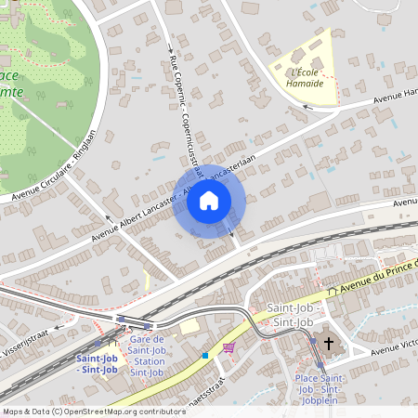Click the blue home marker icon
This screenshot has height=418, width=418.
click(209, 201)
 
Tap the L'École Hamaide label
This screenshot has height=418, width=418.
click(307, 77)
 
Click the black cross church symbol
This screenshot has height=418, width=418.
click(326, 342)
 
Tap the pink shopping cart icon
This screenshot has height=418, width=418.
click(229, 347)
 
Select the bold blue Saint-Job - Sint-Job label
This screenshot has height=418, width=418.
click(97, 363)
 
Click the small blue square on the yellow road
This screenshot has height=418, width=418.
click(204, 355)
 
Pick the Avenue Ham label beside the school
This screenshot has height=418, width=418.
click(396, 95)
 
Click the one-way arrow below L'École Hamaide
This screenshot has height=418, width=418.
click(309, 108)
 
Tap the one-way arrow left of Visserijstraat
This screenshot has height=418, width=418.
click(59, 327)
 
